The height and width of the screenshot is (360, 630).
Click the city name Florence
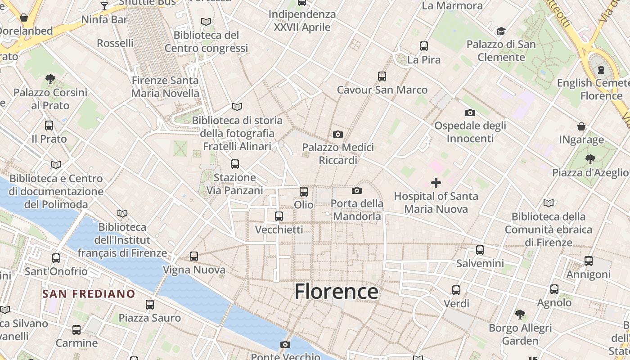336,292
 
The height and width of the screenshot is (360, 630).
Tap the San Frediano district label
89,294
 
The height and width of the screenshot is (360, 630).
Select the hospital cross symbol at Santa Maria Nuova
436,183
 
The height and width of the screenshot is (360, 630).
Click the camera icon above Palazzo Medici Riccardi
338,134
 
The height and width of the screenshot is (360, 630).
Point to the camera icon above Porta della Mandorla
357,191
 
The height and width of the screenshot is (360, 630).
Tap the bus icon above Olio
304,192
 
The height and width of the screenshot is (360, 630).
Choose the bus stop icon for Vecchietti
279,216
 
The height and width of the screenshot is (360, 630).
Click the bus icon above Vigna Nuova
194,256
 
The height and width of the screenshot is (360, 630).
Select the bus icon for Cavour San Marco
382,76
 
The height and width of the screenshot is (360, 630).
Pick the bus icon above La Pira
423,46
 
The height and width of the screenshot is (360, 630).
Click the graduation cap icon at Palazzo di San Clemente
501,31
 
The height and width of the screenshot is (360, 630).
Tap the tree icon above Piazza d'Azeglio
590,159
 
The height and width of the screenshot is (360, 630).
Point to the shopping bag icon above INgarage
581,126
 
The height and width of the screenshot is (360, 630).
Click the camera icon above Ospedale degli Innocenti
470,112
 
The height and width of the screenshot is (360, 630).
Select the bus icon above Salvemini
480,250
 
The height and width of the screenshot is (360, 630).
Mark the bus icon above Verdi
456,290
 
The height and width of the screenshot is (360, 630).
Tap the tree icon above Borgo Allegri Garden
520,314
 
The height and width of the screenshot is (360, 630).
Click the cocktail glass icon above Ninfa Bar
104,6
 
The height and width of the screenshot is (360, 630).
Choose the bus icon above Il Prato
49,126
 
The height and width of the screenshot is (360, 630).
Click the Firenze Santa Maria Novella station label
165,87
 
